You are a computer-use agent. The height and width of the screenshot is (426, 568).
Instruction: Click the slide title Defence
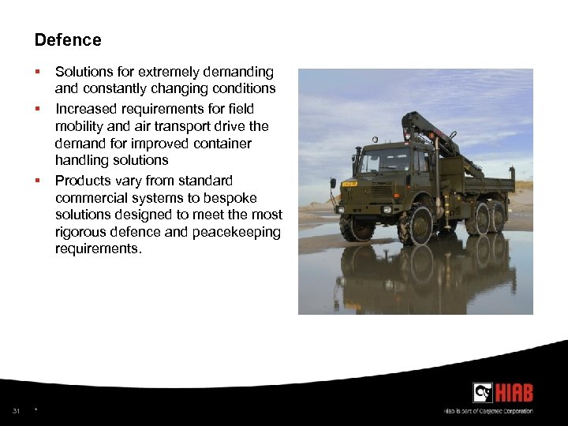click(68, 40)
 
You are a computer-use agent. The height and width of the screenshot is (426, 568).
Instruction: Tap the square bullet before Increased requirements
click(38, 108)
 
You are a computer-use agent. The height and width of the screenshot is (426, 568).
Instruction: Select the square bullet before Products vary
click(38, 181)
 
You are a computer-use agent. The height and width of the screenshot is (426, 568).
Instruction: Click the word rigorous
click(80, 232)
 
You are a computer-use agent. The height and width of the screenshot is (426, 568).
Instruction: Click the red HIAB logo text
click(514, 392)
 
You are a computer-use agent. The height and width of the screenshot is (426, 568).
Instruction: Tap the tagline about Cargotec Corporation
click(488, 411)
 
